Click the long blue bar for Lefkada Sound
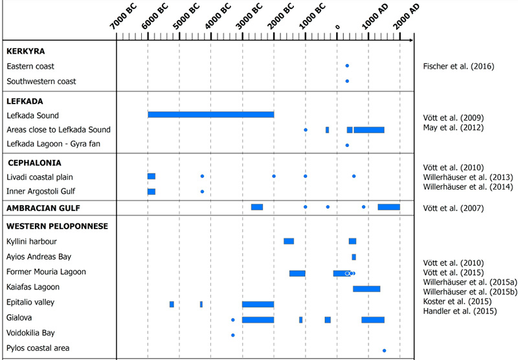pyautogui.click(x=210, y=115)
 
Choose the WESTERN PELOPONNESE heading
pyautogui.click(x=57, y=226)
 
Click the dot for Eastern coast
pyautogui.click(x=347, y=66)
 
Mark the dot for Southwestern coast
pyautogui.click(x=347, y=81)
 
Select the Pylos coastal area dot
pyautogui.click(x=385, y=350)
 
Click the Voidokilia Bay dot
pyautogui.click(x=232, y=335)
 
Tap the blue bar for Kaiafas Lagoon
pyautogui.click(x=366, y=289)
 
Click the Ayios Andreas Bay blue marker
pyautogui.click(x=354, y=257)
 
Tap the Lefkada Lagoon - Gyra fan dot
pyautogui.click(x=347, y=145)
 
